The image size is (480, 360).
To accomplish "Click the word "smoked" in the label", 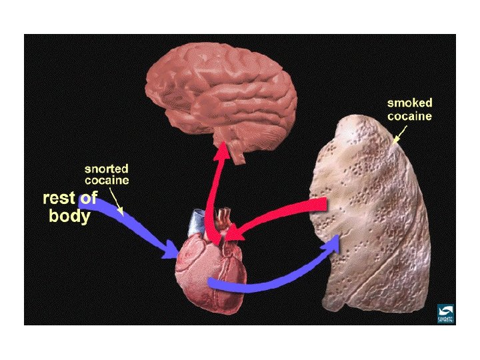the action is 410,103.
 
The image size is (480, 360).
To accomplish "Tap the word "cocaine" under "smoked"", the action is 410,116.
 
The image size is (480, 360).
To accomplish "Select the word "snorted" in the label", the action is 107,169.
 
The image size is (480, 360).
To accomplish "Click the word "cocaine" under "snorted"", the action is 107,180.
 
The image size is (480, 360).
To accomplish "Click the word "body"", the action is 69,216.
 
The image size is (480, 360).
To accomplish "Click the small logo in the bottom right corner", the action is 445,313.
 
